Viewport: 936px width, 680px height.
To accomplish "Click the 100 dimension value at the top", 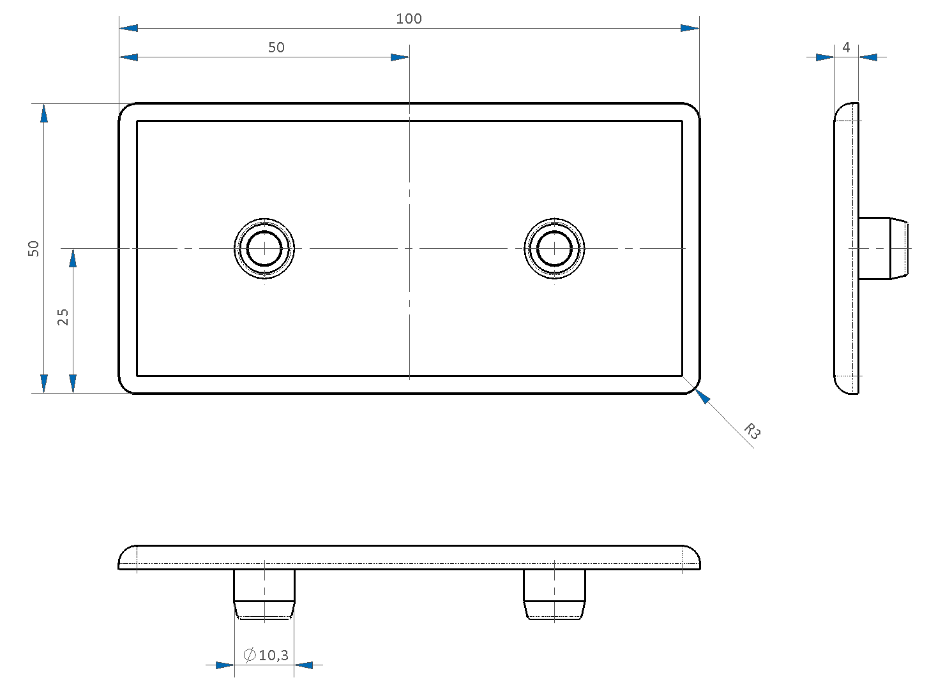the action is pos(409,18).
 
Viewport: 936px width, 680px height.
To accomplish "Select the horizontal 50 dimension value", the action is pos(276,48).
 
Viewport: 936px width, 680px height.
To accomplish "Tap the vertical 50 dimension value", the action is pos(33,249).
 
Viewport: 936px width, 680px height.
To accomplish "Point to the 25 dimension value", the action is pos(63,317).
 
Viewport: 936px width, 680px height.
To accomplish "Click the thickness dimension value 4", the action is pos(846,47).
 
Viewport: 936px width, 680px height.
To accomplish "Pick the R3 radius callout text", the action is pos(752,431).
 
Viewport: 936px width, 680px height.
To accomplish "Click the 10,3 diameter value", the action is pos(274,655).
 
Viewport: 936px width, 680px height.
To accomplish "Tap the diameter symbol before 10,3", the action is pos(250,655).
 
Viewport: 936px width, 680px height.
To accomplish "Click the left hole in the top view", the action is pos(264,249).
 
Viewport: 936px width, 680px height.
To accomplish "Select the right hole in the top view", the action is pos(554,249).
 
